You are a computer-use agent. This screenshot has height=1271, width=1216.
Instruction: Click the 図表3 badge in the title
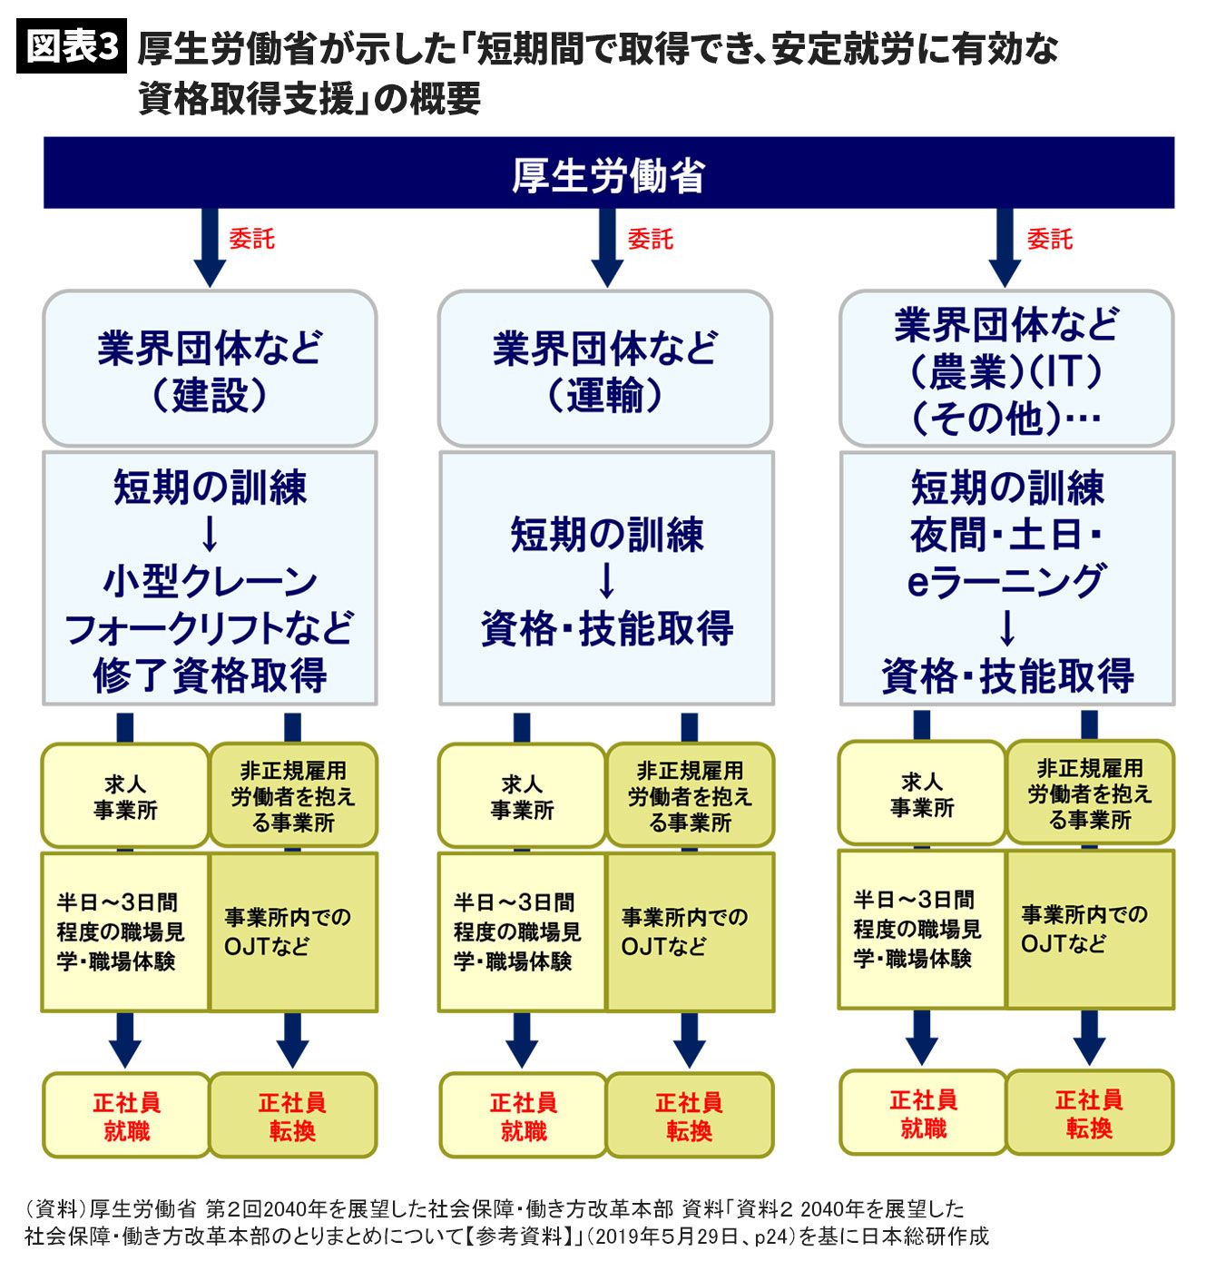[70, 48]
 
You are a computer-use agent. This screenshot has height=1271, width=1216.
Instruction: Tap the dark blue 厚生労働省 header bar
[608, 173]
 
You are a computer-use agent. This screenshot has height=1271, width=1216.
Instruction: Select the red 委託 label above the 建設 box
[251, 240]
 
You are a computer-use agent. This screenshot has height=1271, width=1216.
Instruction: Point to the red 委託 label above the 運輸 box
[650, 240]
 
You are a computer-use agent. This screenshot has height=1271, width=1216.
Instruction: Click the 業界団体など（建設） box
[210, 369]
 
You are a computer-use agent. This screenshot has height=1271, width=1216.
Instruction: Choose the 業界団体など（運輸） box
[605, 369]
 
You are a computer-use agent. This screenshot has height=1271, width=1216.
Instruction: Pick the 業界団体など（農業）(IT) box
[1006, 369]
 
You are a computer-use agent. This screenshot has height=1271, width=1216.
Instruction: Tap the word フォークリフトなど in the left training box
[210, 628]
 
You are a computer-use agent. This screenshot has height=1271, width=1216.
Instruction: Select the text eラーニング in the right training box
[1006, 581]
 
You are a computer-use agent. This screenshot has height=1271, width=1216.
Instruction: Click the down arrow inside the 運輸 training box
[606, 580]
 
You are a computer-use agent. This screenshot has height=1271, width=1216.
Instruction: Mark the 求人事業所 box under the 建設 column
[125, 796]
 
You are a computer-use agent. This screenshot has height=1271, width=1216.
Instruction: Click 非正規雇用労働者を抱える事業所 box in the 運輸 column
[690, 796]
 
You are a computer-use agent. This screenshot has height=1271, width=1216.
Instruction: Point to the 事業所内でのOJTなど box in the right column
[1089, 929]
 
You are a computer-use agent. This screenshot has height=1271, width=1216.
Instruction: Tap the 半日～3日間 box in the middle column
[522, 931]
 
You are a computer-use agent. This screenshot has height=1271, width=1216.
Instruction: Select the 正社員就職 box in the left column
[126, 1116]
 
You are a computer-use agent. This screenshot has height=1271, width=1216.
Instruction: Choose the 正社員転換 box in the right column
[1089, 1113]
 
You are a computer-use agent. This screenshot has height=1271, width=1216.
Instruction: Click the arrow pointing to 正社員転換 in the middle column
[689, 1039]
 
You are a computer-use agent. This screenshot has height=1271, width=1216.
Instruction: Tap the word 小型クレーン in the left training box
[210, 581]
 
